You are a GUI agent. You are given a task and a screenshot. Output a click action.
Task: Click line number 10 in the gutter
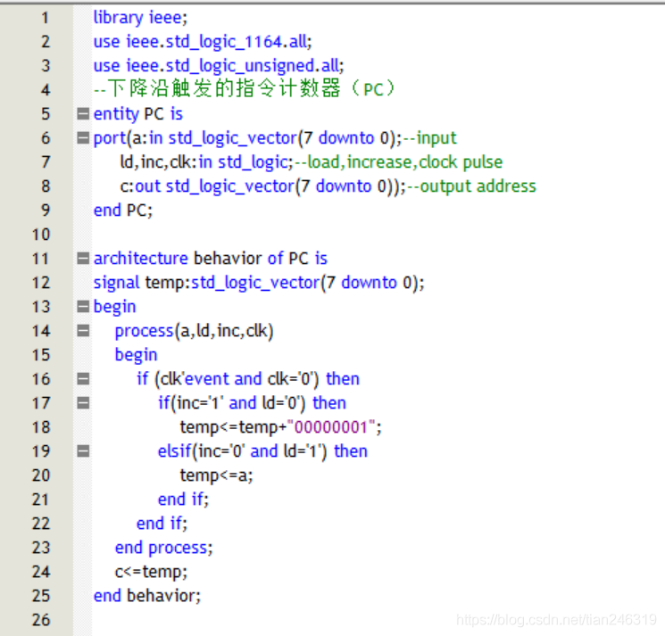point(41,235)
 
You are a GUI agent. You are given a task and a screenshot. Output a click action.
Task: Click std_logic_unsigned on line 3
point(240,66)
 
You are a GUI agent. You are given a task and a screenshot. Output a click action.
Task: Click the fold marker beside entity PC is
point(83,113)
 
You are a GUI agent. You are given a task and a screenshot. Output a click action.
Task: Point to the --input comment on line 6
point(429,138)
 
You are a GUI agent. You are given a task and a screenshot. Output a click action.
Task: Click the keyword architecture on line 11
point(141,259)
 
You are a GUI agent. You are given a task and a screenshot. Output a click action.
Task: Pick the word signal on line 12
point(116,283)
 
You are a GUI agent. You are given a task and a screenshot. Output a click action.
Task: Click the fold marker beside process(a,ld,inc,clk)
point(83,331)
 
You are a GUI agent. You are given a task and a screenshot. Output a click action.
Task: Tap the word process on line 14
point(145,331)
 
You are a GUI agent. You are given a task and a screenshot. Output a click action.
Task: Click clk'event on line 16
point(195,379)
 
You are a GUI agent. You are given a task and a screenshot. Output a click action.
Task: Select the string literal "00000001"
point(332,427)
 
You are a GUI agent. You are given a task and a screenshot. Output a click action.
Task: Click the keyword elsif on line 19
point(174,451)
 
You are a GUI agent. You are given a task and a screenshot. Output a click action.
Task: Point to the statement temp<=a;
point(216,475)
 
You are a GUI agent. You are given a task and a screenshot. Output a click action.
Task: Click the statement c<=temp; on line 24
point(151,572)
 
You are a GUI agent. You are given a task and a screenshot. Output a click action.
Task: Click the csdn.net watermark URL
point(556,620)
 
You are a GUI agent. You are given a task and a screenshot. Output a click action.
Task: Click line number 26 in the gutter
point(41,620)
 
